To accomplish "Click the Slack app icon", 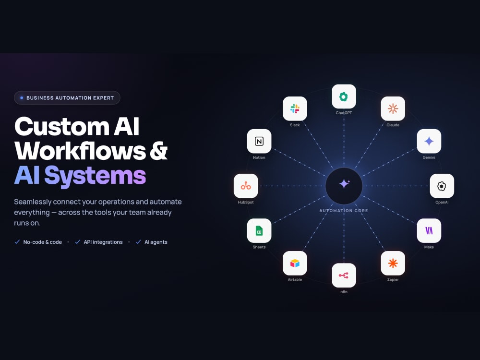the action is [295, 108].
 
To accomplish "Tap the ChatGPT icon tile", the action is [344, 96].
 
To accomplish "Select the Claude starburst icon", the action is [393, 108].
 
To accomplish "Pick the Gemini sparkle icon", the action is [429, 141].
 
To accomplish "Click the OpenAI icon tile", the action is [442, 186].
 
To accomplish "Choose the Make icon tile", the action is [429, 230].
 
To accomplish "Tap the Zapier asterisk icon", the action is [393, 263].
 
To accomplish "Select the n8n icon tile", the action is [344, 275].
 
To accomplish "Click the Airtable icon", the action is [295, 263].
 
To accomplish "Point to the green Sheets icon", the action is [259, 230].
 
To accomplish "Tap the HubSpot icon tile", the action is [246, 186].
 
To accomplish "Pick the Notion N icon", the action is [259, 141].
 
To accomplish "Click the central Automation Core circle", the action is [344, 186].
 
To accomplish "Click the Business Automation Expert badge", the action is [67, 97].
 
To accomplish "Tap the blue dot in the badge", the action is [22, 98].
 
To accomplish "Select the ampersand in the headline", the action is [158, 150].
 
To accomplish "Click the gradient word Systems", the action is [95, 176].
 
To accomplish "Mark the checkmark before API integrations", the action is [77, 242].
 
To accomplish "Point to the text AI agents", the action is [156, 242].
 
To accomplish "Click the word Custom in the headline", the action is [62, 126].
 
